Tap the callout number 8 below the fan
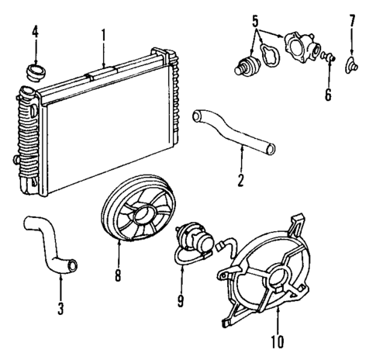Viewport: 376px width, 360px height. pyautogui.click(x=117, y=274)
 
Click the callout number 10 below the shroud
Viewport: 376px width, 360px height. pyautogui.click(x=277, y=339)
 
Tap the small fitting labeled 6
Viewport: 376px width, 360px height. pyautogui.click(x=328, y=57)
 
